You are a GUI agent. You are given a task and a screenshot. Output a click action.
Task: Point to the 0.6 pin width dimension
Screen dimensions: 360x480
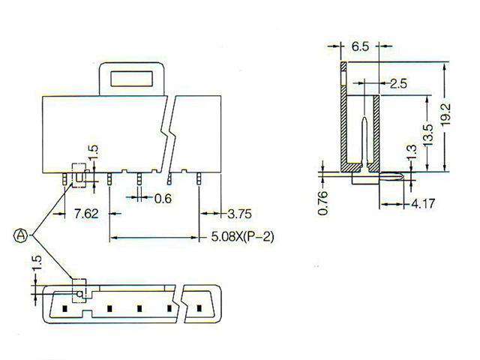163,199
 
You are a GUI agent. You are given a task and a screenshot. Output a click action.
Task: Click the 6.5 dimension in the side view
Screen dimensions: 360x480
360,46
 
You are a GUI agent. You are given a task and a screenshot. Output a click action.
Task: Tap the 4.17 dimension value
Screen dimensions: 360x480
422,203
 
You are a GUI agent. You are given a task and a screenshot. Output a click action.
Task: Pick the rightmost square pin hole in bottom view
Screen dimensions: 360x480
199,307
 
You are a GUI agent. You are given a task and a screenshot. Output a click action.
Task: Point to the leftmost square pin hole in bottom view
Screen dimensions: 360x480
66,307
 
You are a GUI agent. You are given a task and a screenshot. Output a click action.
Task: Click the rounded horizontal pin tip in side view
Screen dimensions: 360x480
396,178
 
